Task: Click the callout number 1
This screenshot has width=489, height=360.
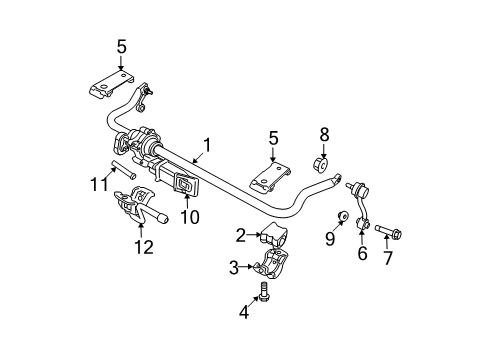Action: coord(207,146)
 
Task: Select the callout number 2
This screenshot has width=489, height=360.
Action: coord(241,236)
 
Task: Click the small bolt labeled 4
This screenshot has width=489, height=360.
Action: coord(265,294)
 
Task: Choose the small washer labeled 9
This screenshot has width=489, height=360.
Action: coord(343,216)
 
